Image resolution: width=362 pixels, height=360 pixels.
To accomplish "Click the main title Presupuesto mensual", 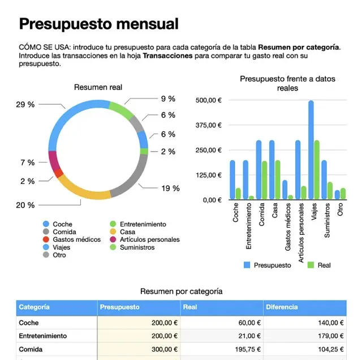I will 98,24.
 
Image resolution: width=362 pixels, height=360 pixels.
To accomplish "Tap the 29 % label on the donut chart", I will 25,105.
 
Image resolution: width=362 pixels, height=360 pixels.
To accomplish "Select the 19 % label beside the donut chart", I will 170,188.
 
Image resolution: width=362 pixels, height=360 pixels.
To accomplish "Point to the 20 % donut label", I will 25,205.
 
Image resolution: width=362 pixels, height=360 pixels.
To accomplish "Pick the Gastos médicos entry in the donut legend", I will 72,239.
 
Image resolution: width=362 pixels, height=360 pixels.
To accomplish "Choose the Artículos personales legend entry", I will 145,239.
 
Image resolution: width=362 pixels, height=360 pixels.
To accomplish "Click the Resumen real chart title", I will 98,87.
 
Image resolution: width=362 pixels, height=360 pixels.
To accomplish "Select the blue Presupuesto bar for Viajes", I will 311,150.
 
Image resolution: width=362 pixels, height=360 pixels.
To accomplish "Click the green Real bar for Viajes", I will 317,170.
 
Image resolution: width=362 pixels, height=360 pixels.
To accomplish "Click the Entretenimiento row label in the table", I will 43,336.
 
